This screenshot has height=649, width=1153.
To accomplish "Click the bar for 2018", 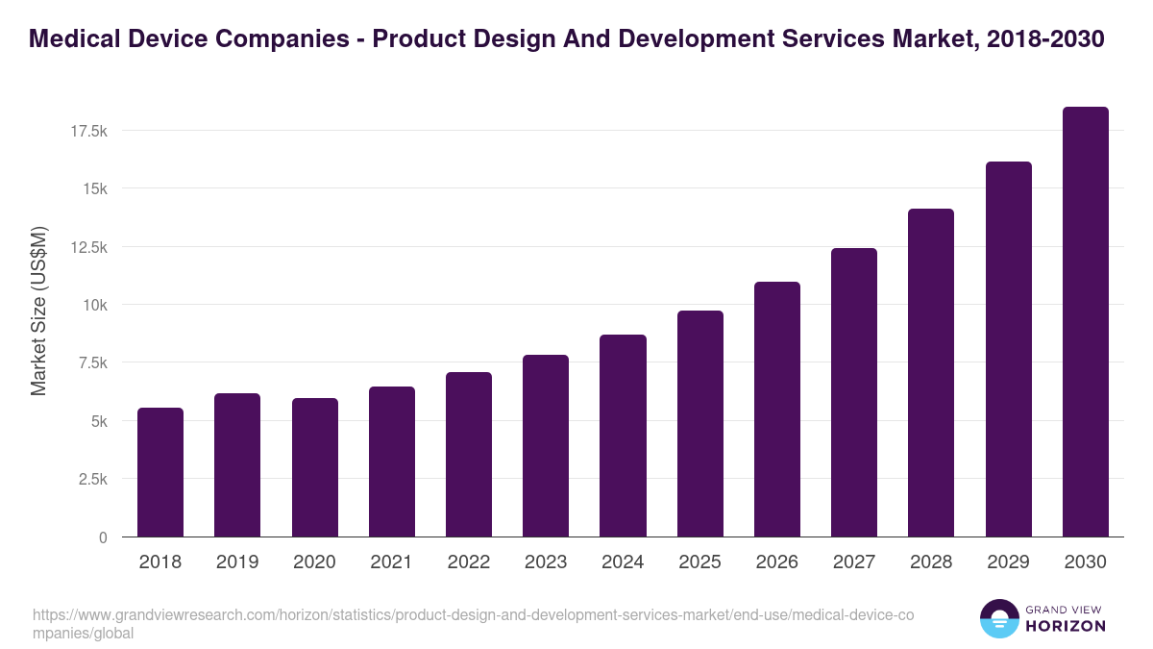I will pos(160,472).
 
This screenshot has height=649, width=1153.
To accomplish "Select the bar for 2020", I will pos(314,467).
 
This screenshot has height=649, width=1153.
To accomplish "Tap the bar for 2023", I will pos(546,446).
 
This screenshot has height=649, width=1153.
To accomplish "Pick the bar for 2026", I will pos(776,410).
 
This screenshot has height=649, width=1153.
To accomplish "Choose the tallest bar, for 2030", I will pos(1085,322).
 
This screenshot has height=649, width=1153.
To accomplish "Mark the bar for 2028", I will pos(931,373).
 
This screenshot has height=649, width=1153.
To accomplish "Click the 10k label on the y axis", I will pos(94,305).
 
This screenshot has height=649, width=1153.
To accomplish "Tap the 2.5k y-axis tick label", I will pos(92,479).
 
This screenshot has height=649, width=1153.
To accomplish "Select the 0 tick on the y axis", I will pos(103,537).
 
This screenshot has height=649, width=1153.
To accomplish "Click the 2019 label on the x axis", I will pos(237,562).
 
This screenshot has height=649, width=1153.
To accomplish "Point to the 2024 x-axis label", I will pos(623,562).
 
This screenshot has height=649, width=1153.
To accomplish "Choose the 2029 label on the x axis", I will pos(1008,562).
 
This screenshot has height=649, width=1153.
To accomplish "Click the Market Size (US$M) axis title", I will pos(38,312).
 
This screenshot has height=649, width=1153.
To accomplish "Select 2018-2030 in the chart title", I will pos(1045,39).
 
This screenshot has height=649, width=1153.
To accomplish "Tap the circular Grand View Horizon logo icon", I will pos(999,619).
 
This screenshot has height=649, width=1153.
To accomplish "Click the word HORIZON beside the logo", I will pos(1066,626).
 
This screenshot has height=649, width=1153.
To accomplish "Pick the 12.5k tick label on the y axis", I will pos(88,247).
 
